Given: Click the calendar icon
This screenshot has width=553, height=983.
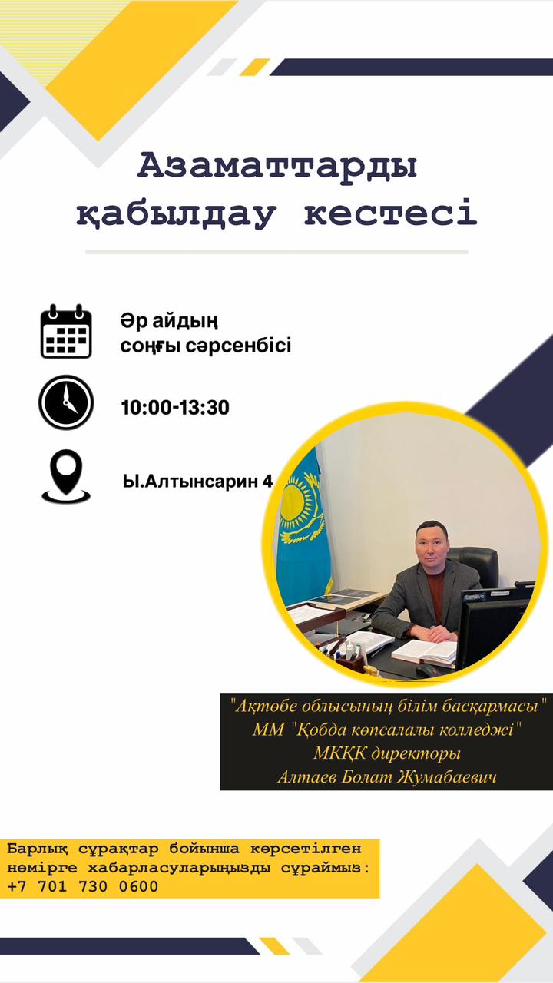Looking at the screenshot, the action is [x=66, y=331].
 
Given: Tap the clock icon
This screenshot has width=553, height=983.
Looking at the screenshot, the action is [x=66, y=402].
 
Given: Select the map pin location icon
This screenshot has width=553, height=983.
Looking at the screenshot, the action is [x=66, y=476].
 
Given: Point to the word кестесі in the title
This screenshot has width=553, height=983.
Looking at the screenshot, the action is [x=390, y=213].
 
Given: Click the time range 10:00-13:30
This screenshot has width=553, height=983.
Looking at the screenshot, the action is [x=175, y=407].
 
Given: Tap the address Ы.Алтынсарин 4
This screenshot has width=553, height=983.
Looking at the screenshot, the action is [x=197, y=482].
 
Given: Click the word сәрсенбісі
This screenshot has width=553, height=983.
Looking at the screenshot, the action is [x=238, y=346].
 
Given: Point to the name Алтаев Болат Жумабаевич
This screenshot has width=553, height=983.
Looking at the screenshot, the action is [x=387, y=777].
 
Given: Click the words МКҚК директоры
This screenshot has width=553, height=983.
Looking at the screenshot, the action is [x=387, y=753].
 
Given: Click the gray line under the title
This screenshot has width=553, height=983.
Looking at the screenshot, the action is [x=276, y=253].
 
